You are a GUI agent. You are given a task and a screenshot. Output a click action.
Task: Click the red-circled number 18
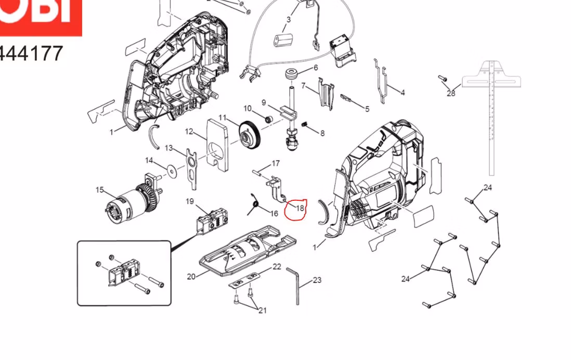click(300, 208)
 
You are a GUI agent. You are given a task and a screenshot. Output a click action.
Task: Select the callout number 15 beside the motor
click(100, 190)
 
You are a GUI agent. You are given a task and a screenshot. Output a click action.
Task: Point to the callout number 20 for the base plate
click(191, 276)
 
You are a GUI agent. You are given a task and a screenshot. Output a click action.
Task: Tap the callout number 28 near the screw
click(450, 93)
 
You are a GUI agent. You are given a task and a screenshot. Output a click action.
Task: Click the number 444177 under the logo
click(31, 53)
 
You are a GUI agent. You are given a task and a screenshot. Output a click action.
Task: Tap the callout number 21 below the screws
click(263, 311)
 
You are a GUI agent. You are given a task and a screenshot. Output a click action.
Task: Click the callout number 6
click(315, 68)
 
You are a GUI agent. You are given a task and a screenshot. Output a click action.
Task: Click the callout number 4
click(402, 93)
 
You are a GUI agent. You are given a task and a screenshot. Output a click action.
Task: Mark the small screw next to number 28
click(443, 79)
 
